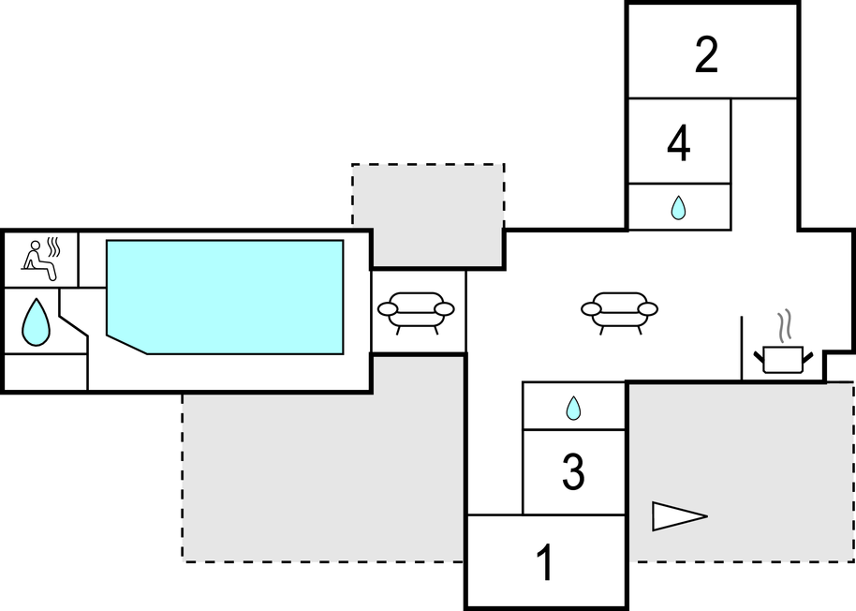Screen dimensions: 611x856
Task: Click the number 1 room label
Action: (x=544, y=564)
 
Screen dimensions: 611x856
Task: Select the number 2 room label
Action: (x=706, y=56)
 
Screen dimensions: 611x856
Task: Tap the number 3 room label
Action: (x=573, y=473)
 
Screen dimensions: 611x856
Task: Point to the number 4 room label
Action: (x=679, y=143)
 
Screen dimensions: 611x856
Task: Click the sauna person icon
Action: (x=38, y=261)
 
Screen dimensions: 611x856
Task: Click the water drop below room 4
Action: (x=678, y=208)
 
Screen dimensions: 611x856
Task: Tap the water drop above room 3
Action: (x=573, y=409)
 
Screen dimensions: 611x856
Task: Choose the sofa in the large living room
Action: (x=619, y=310)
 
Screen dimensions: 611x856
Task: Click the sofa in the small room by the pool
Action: (x=416, y=310)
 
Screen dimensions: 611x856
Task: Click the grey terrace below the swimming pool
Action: (x=323, y=478)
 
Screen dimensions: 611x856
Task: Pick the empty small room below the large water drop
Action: (x=46, y=372)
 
